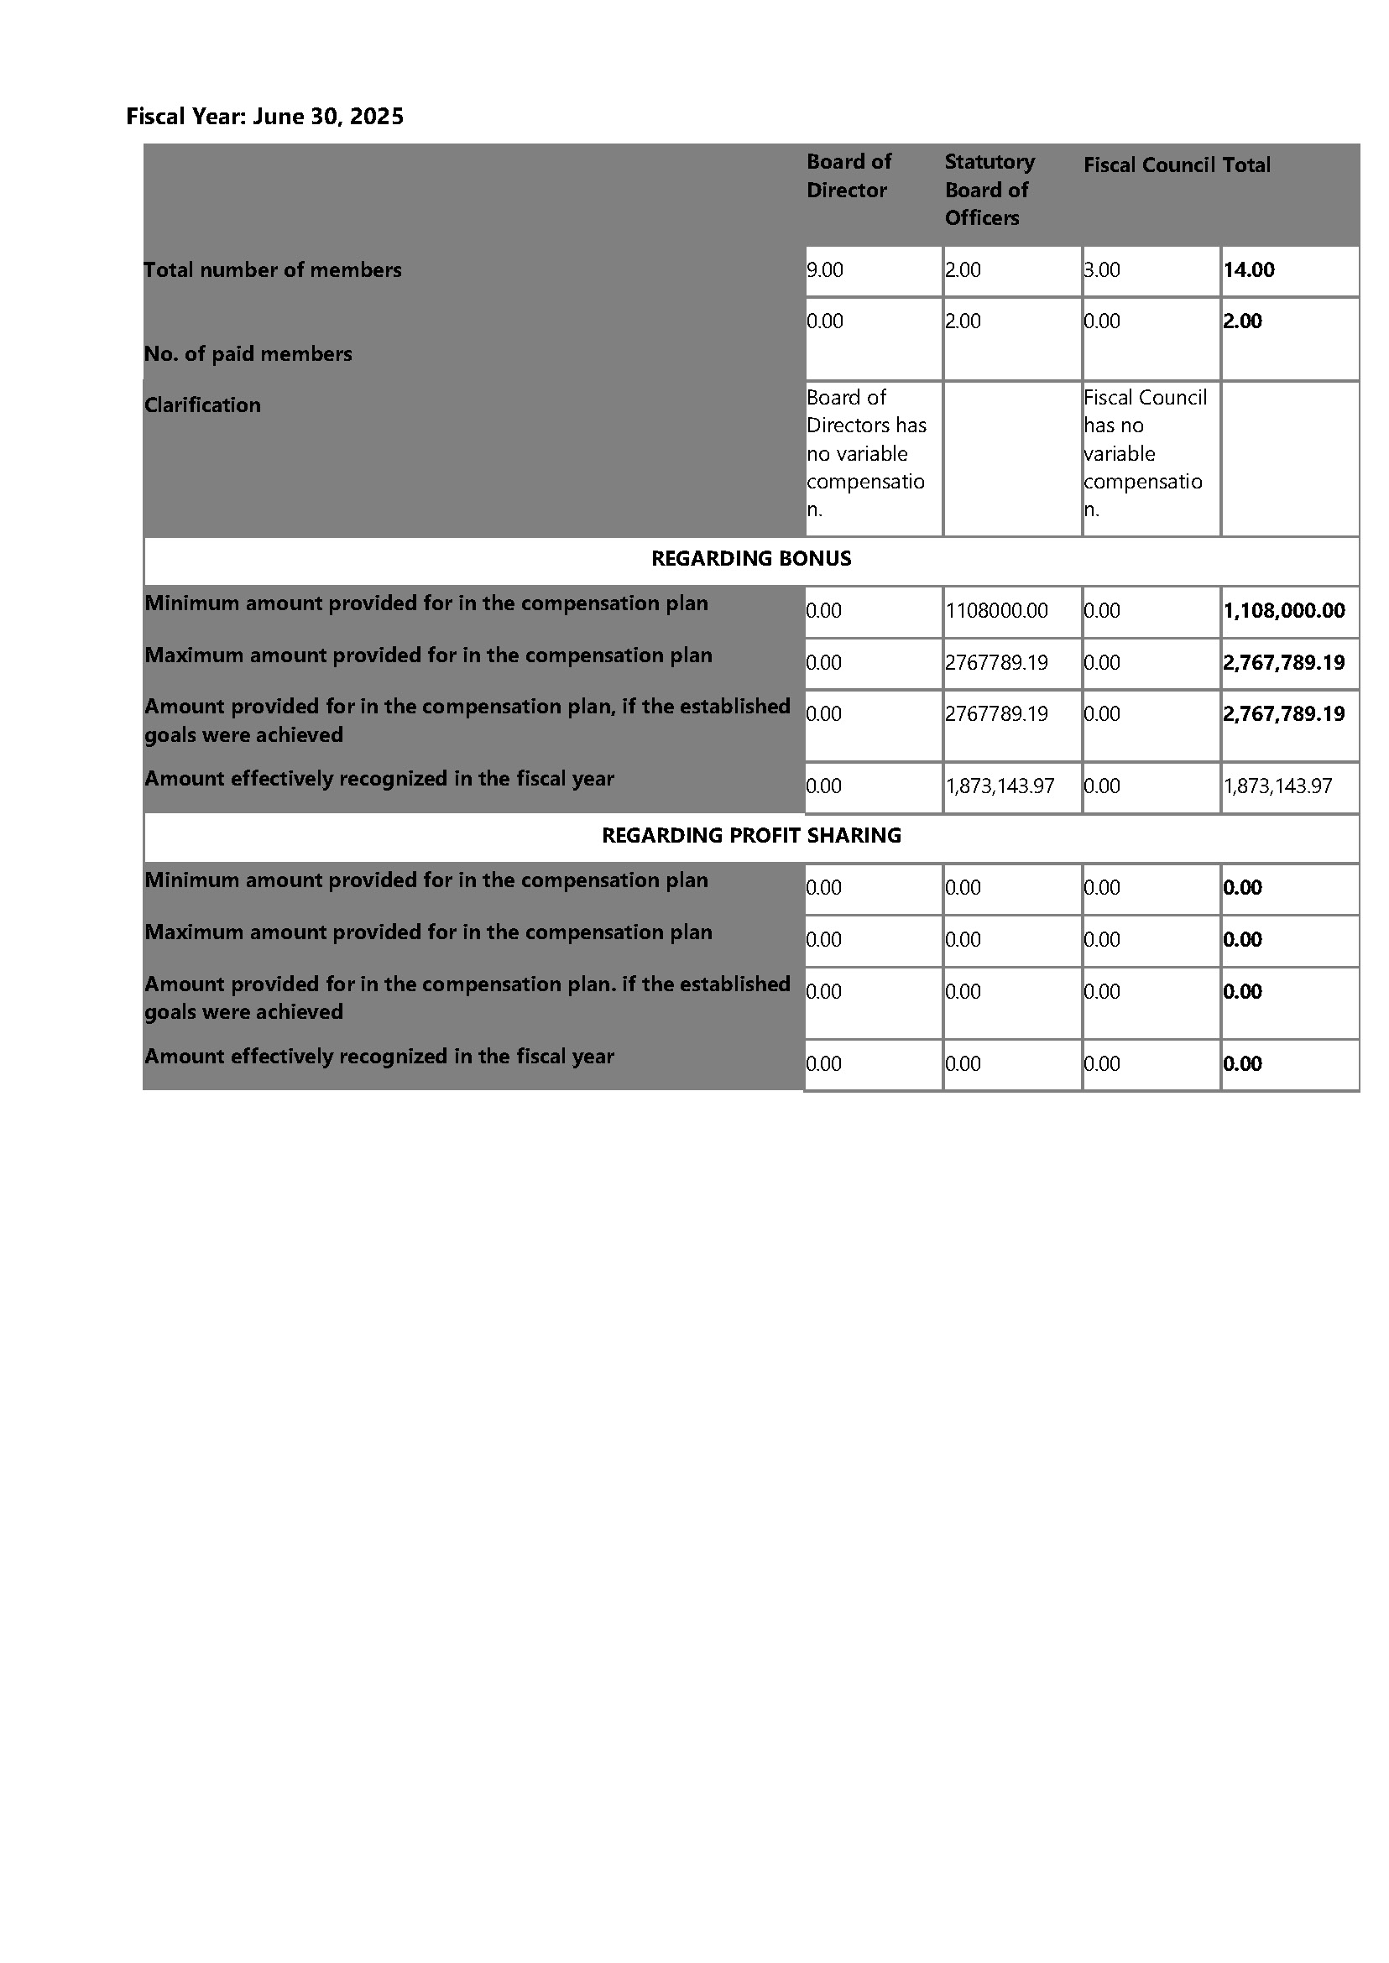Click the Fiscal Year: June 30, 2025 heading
click(x=264, y=117)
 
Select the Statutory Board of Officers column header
click(x=989, y=190)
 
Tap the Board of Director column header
click(x=849, y=175)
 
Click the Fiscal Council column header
click(x=1149, y=165)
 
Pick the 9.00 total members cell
click(x=825, y=270)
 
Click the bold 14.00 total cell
click(x=1249, y=270)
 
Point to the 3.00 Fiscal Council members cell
click(x=1102, y=270)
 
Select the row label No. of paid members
click(x=248, y=354)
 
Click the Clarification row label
click(x=203, y=405)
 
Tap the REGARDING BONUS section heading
click(x=751, y=559)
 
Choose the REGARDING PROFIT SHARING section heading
click(x=751, y=836)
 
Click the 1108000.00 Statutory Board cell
click(x=996, y=611)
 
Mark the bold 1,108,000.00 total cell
click(x=1284, y=611)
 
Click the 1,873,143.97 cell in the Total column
click(x=1278, y=786)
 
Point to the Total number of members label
click(x=273, y=270)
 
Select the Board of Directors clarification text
click(x=865, y=453)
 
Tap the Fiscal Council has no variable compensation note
click(x=1145, y=453)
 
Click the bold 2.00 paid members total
click(x=1243, y=321)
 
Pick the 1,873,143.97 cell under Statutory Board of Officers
click(x=1000, y=786)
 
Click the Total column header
click(x=1247, y=165)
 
